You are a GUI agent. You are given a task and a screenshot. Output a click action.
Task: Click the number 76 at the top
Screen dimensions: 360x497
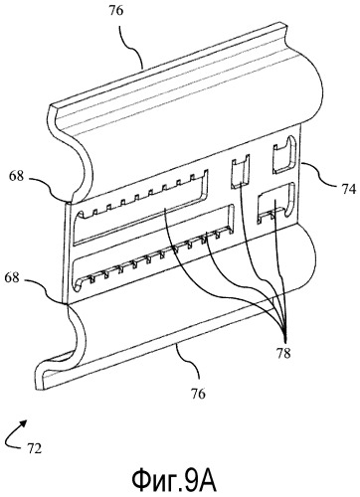(115, 11)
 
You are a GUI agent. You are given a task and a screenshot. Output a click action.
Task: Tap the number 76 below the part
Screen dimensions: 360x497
(198, 394)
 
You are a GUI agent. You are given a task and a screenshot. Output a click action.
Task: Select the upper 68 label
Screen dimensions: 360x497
(16, 176)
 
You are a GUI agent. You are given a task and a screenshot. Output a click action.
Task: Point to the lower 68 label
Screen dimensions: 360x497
(12, 277)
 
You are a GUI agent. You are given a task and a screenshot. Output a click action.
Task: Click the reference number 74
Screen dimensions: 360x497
(348, 190)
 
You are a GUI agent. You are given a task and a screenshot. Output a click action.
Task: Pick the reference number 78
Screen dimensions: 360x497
(283, 354)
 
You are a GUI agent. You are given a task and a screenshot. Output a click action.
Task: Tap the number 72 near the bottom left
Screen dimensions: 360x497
(34, 448)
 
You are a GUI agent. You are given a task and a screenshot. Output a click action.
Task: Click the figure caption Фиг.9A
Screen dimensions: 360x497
(174, 481)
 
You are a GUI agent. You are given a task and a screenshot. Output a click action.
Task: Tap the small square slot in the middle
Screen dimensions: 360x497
(240, 172)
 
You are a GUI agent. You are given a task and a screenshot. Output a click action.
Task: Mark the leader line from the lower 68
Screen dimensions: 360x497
(48, 289)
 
